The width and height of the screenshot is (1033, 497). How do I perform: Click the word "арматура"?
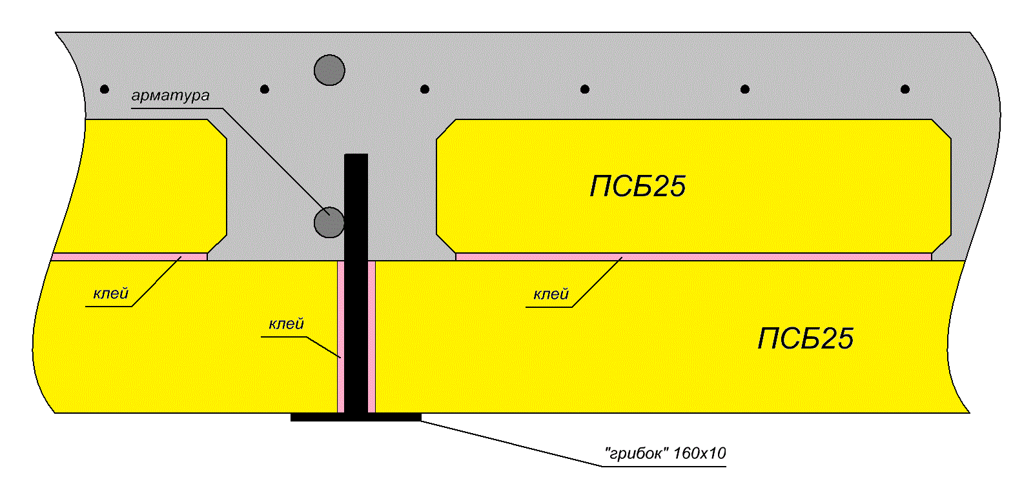[x=170, y=96]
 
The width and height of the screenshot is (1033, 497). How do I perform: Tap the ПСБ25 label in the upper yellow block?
[x=638, y=187]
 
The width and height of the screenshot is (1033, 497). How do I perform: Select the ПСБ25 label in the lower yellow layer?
[x=806, y=339]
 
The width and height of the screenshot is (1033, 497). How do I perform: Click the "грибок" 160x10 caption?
[x=666, y=454]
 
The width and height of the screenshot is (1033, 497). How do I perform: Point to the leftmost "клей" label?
[x=110, y=294]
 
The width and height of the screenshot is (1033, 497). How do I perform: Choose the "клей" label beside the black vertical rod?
[x=287, y=323]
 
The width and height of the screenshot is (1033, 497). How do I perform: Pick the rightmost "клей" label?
[x=551, y=294]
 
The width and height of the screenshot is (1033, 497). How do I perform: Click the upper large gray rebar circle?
[x=329, y=70]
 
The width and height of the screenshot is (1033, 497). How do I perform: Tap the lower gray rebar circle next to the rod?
[x=329, y=222]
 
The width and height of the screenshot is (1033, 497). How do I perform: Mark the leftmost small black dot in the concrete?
[x=105, y=89]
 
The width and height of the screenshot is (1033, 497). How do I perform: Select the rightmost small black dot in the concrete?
[x=905, y=89]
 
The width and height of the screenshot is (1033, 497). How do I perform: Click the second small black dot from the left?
[x=265, y=89]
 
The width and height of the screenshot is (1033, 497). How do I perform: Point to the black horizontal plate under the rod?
[x=356, y=417]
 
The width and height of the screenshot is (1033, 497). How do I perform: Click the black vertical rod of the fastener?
[x=356, y=283]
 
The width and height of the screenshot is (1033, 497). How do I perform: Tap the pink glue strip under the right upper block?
[x=693, y=257]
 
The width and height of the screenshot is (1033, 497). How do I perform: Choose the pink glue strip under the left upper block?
[x=130, y=257]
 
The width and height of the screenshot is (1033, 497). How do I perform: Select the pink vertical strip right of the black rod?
[x=372, y=336]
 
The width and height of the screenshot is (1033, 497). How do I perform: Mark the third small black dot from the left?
[x=425, y=89]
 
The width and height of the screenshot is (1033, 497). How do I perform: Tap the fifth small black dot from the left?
[x=745, y=89]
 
